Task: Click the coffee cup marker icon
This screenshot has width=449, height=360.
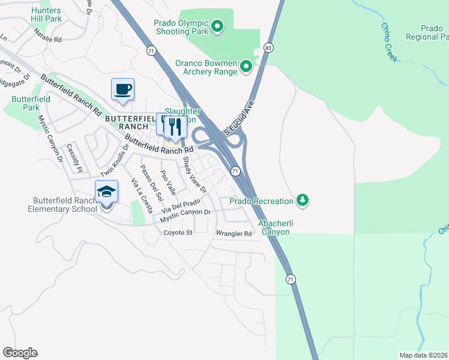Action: point(122,89)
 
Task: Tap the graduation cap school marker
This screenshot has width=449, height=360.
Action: point(106,191)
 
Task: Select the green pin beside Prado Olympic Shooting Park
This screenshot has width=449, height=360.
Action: point(218,25)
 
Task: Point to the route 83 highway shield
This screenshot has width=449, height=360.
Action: point(268,47)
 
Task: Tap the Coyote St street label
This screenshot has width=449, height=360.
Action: point(178,232)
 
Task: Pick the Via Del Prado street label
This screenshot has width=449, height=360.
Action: point(180,207)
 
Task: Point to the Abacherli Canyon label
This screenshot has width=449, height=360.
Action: point(274,227)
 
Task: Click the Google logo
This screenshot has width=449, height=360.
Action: point(20,353)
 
